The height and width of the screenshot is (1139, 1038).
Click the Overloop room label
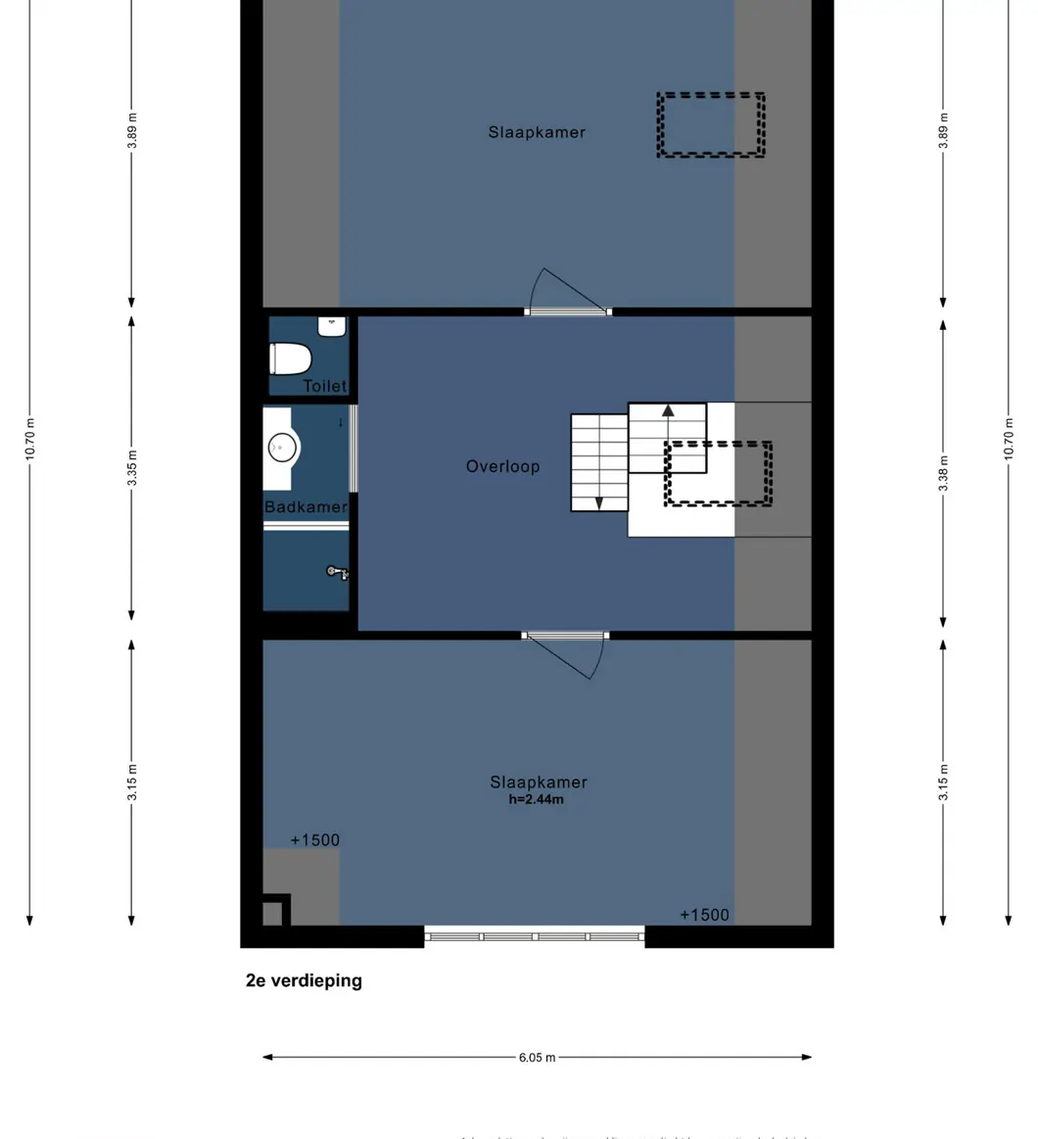click(502, 467)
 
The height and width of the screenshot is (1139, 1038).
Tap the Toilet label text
click(324, 387)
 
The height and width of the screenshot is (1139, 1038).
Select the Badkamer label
click(306, 507)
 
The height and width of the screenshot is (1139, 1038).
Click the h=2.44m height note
click(536, 799)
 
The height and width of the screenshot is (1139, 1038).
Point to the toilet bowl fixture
click(290, 358)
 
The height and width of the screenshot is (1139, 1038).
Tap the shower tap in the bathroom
click(337, 571)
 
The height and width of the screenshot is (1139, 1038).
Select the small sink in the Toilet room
click(333, 326)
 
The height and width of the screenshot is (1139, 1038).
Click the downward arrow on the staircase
click(598, 501)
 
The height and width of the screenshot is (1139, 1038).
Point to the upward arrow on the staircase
click(668, 411)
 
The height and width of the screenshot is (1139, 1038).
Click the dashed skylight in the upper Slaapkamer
click(711, 124)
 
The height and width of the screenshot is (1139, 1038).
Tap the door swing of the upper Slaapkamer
click(562, 291)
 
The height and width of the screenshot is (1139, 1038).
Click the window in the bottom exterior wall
click(535, 936)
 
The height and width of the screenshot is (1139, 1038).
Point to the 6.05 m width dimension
click(537, 1058)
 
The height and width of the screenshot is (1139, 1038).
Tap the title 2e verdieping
click(304, 980)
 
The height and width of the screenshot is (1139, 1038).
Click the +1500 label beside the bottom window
click(704, 915)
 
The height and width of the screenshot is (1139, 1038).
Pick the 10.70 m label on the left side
click(30, 439)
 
